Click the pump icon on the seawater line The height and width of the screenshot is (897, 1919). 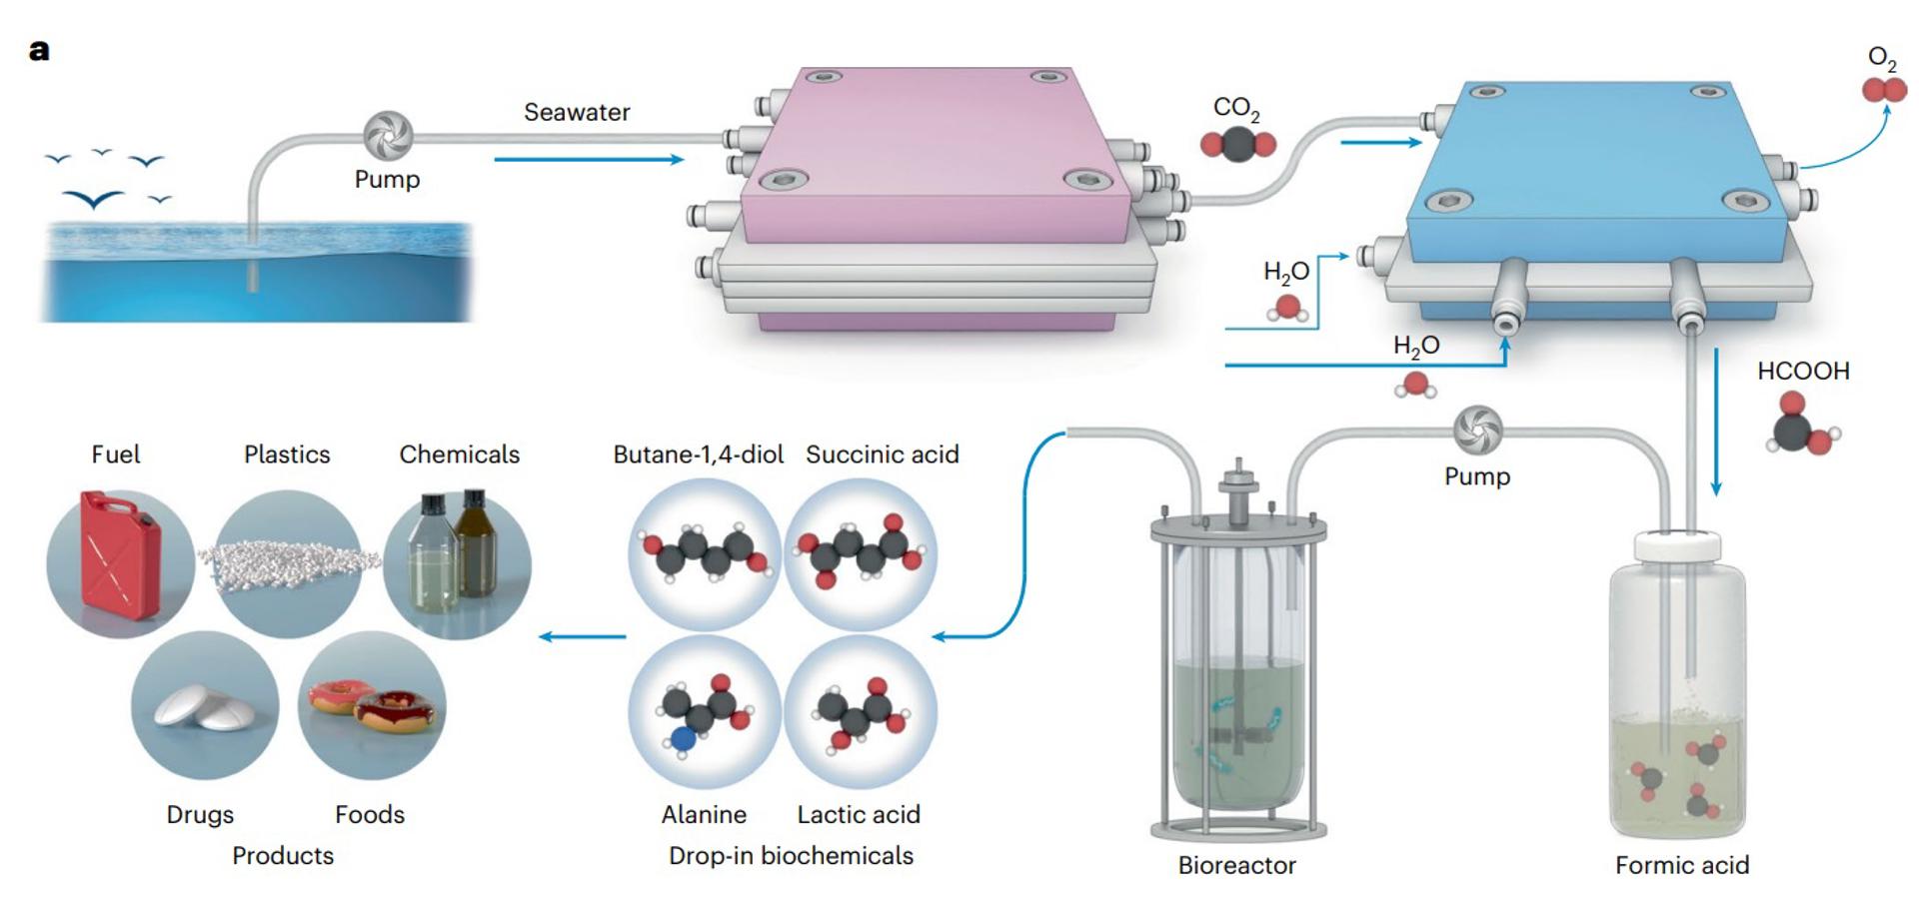pyautogui.click(x=387, y=136)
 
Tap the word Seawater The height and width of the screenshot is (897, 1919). pyautogui.click(x=577, y=112)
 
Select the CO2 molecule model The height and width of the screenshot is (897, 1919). pyautogui.click(x=1237, y=145)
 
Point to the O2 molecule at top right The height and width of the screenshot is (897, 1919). pyautogui.click(x=1884, y=90)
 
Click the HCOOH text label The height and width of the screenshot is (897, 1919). pyautogui.click(x=1802, y=371)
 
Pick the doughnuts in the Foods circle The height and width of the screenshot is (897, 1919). pyautogui.click(x=375, y=705)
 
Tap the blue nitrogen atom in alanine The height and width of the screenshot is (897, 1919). pyautogui.click(x=683, y=740)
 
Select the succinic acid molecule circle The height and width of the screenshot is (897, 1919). pyautogui.click(x=861, y=553)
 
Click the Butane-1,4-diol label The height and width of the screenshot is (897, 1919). pyautogui.click(x=698, y=454)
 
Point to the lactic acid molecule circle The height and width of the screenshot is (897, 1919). pyautogui.click(x=861, y=712)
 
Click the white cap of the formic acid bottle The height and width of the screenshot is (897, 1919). pyautogui.click(x=1677, y=546)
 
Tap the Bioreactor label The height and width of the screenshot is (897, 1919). pyautogui.click(x=1236, y=865)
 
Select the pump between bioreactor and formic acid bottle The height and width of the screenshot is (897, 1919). pyautogui.click(x=1477, y=430)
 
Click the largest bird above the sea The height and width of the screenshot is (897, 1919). pyautogui.click(x=95, y=199)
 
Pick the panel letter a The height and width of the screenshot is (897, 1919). pyautogui.click(x=39, y=50)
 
